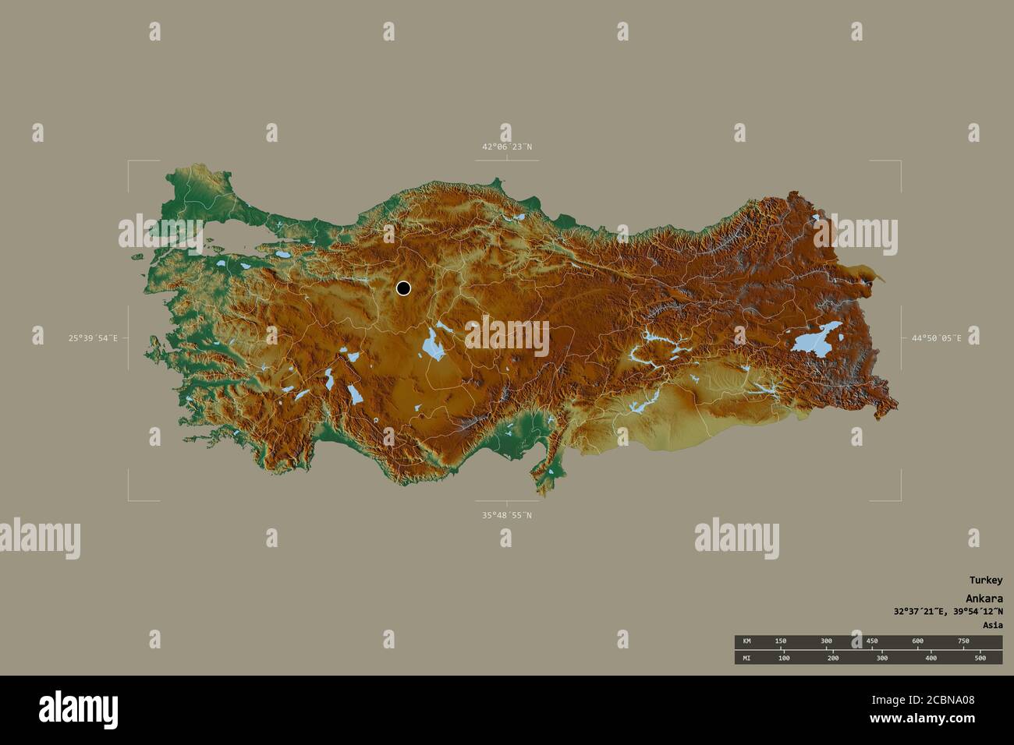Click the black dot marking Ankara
[403, 288]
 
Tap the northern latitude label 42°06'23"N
[506, 147]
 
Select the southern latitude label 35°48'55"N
[506, 515]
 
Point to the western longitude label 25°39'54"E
[93, 338]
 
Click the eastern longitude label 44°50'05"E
[936, 338]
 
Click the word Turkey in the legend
[986, 580]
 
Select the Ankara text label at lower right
[984, 598]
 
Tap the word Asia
[993, 625]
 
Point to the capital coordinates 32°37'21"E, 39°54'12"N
[948, 612]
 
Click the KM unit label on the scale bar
[746, 641]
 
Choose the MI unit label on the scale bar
[746, 658]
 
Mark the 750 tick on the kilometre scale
[963, 641]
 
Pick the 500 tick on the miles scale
[980, 658]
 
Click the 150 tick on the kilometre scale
[780, 641]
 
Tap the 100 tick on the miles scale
[784, 658]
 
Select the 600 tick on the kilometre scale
[917, 641]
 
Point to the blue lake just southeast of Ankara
[431, 343]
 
